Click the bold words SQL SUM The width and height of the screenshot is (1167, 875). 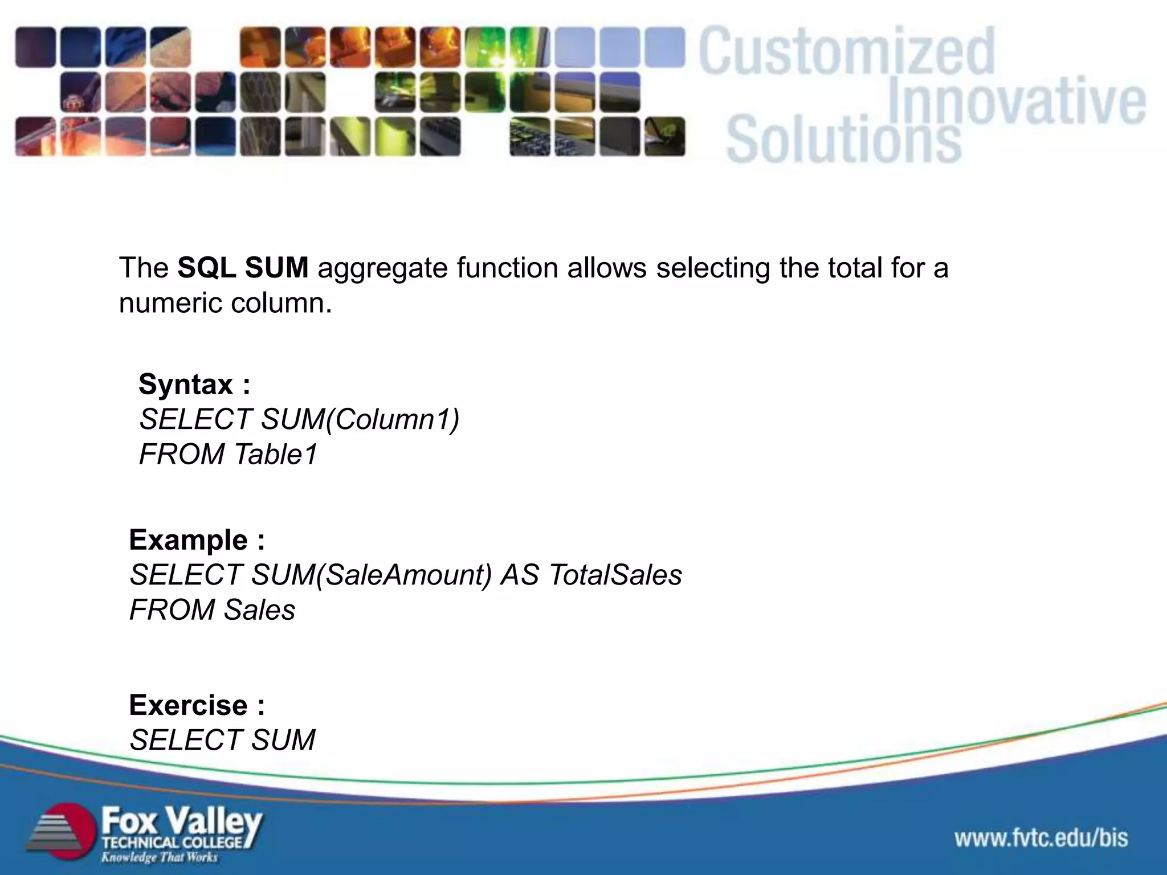coord(243,268)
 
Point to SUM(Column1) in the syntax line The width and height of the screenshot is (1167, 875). coord(360,420)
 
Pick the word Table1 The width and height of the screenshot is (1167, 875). coord(275,455)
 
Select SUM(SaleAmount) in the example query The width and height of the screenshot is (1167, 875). coord(371,575)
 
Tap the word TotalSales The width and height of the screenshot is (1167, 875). coord(615,575)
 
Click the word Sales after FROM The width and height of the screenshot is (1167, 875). coord(259,610)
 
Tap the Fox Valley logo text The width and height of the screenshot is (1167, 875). coord(181,822)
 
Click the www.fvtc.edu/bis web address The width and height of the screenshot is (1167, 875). coord(1041,838)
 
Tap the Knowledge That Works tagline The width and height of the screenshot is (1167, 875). coord(159,857)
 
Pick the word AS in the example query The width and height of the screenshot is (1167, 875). coord(519,575)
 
